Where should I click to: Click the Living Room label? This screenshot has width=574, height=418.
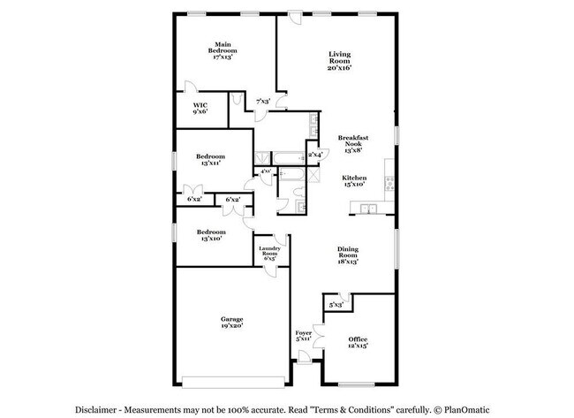340,61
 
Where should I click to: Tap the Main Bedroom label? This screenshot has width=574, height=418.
222,50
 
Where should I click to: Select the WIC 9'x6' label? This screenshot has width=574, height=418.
200,108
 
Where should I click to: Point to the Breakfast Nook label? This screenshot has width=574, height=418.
352,144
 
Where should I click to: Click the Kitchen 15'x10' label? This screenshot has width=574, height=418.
353,181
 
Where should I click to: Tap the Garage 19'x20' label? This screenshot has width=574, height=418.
231,323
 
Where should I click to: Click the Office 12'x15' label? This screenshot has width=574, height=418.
357,342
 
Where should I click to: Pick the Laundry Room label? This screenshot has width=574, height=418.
269,253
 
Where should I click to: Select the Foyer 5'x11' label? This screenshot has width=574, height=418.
303,336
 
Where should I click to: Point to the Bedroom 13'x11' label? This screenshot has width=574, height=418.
210,159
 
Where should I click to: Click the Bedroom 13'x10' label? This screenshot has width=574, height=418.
210,234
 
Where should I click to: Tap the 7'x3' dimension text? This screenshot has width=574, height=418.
263,102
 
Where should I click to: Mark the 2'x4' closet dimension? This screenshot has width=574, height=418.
314,155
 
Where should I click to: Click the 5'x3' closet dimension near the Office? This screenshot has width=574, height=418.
336,305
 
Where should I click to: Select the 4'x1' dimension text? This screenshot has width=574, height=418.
265,171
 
